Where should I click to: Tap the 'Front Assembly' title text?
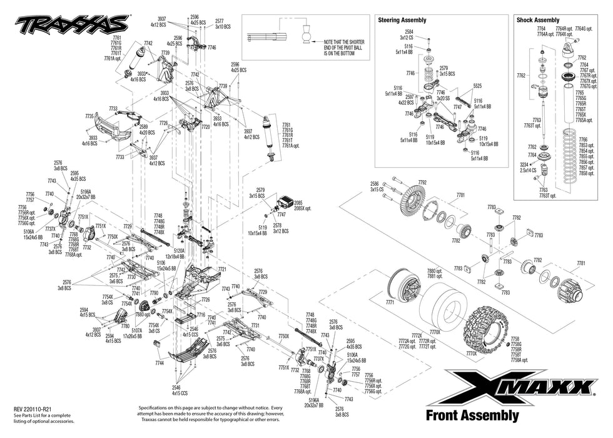point(472,415)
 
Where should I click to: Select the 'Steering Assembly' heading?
point(402,21)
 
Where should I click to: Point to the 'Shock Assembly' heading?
point(538,21)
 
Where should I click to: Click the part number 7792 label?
point(422,182)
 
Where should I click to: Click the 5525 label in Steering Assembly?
point(477,86)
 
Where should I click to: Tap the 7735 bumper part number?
point(89,116)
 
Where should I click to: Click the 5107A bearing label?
point(136,331)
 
